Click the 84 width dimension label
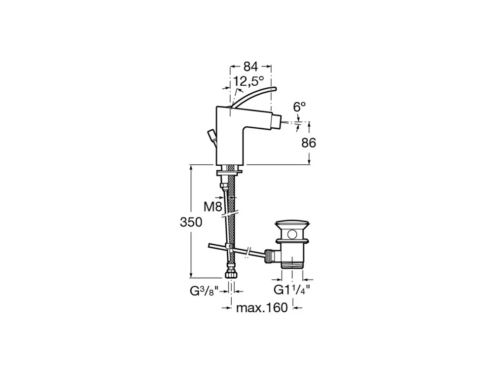pos(251,67)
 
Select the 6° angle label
pos(299,107)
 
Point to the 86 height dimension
pos(309,143)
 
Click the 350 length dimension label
pos(191,222)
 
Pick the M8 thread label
pos(213,207)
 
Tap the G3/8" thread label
pos(204,291)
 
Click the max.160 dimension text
pos(262,308)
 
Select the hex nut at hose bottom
pos(232,274)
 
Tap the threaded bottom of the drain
pos(292,263)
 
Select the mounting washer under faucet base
pos(229,173)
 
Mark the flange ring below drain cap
pos(292,241)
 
